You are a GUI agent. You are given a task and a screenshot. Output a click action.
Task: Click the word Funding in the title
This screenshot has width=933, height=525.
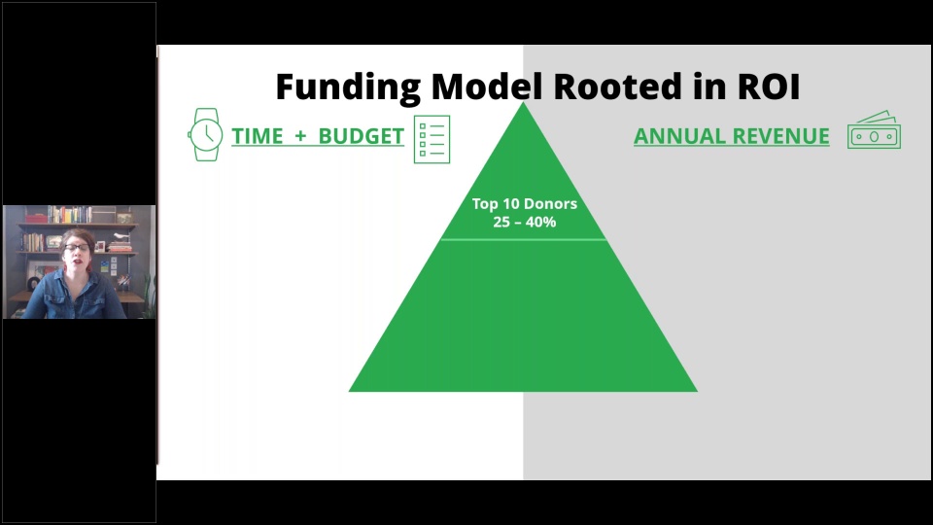coord(348,87)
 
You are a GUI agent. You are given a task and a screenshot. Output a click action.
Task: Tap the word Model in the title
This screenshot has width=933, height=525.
coord(487,87)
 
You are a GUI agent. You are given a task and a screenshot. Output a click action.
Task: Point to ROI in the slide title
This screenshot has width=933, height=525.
coord(769,87)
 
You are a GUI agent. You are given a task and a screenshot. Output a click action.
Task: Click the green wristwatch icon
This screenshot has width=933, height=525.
coord(205,134)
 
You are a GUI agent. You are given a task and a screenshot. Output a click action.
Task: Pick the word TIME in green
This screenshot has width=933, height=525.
coord(257,136)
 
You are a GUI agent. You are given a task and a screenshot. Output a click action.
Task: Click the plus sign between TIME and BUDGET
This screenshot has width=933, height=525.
coord(300,136)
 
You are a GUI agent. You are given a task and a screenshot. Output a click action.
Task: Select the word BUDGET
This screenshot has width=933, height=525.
coord(362,136)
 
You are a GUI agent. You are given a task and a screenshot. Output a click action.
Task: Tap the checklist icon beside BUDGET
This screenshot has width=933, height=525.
coord(432,139)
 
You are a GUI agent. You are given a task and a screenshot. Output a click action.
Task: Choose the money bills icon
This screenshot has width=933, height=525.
coord(874,129)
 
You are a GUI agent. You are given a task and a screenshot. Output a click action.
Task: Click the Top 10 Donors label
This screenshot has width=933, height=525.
coord(524,203)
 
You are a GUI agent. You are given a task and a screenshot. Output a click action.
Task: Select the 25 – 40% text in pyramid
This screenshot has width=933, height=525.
coord(524,222)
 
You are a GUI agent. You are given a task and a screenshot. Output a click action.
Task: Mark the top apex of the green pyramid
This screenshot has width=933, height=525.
coord(523,102)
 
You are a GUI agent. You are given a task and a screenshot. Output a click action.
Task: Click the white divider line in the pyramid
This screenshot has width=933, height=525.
coord(523,240)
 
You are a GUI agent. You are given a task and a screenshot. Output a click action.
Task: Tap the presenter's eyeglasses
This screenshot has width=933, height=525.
coord(76,246)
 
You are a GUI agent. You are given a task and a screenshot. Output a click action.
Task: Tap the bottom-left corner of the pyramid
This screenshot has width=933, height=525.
coord(349,391)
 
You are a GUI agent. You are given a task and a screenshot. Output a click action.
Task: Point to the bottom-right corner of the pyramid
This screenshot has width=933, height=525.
coord(698,391)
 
